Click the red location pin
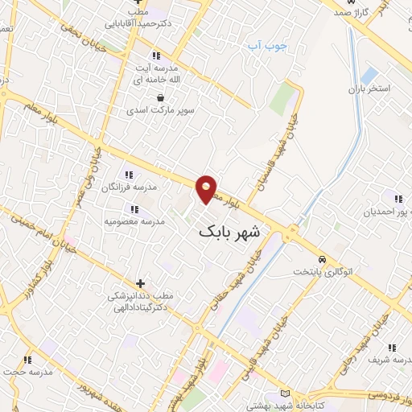[x=207, y=188]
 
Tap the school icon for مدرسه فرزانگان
[x=128, y=175]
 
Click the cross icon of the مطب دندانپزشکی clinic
[x=141, y=283]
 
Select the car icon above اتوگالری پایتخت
[x=322, y=259]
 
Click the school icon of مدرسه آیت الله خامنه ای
[x=156, y=55]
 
